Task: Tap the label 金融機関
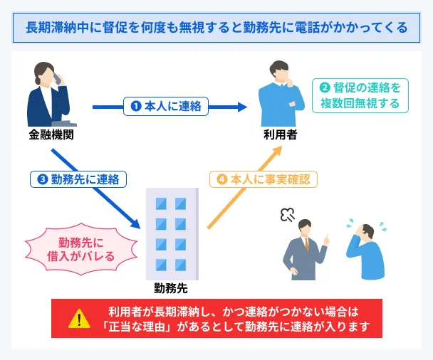point(51,134)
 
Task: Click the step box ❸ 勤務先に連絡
point(78,179)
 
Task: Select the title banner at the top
point(216,28)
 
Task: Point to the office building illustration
point(170,232)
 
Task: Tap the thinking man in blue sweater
point(280,96)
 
